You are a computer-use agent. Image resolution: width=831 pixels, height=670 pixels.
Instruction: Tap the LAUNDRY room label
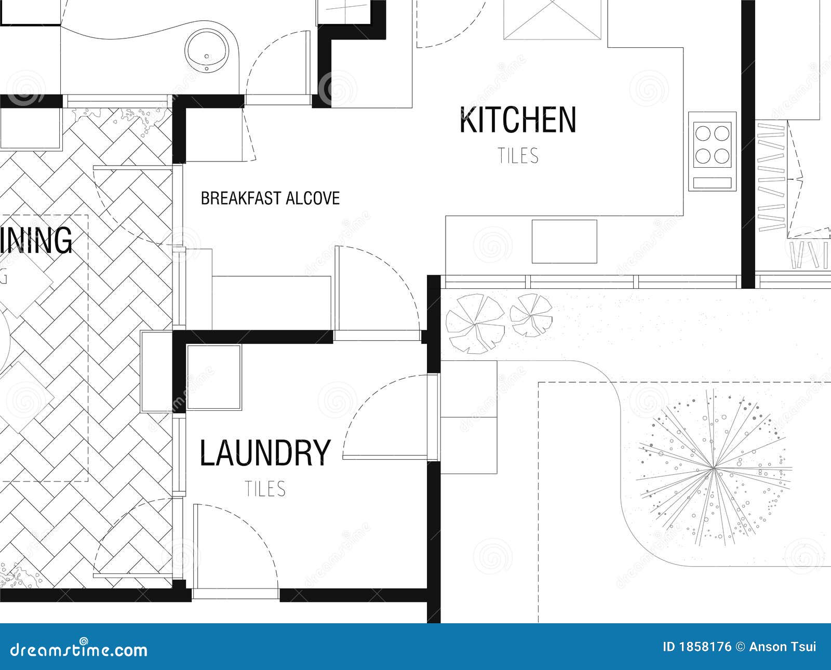coord(265,453)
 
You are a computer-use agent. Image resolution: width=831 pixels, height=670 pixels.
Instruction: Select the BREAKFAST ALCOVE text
coord(270,198)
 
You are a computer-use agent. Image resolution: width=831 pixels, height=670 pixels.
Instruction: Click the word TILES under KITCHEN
coord(518,156)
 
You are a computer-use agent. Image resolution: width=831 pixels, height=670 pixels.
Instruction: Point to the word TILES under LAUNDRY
coord(265,489)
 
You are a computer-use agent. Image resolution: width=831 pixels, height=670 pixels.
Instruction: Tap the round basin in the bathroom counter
coord(207,49)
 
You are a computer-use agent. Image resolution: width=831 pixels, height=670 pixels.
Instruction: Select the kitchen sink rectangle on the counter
coord(564,241)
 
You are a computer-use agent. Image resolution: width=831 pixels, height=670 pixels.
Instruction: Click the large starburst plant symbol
coord(714,468)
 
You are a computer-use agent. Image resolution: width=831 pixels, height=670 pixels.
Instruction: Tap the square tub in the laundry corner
coord(213,377)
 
